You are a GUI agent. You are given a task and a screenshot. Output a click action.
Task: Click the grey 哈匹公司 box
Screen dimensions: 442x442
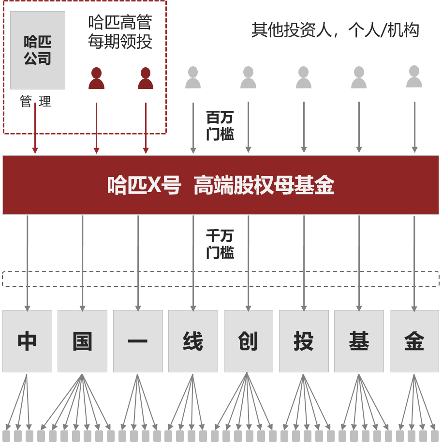(38, 50)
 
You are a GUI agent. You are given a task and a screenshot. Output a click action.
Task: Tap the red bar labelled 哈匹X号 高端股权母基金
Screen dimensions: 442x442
(221, 185)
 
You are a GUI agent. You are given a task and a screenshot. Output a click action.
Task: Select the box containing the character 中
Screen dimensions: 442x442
(27, 341)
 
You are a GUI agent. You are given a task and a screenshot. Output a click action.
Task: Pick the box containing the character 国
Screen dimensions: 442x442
(82, 341)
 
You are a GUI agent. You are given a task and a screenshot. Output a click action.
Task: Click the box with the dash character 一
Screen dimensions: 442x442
(138, 341)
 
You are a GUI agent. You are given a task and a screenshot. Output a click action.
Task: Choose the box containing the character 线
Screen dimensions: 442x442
(193, 341)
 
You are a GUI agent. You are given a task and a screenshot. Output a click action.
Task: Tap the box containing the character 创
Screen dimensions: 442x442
(248, 341)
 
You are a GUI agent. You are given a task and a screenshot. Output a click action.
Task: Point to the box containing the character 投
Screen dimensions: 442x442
(304, 341)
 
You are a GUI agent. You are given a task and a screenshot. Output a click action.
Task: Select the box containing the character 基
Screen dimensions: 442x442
(359, 341)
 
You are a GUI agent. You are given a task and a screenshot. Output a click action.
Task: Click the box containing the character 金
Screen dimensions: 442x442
(414, 341)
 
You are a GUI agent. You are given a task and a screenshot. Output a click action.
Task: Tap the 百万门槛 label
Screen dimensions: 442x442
(220, 126)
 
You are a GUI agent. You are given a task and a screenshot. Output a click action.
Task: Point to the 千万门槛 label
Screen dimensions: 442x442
(220, 244)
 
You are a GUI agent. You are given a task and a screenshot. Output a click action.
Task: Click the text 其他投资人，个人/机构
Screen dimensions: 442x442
(335, 30)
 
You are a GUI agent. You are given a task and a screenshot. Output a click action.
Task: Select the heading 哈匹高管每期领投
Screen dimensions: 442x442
(120, 32)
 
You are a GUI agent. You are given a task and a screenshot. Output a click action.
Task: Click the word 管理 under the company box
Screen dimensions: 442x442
(35, 102)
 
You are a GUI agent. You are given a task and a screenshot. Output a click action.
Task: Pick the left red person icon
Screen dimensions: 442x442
(96, 78)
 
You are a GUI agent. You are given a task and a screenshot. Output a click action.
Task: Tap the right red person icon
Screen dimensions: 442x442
(146, 78)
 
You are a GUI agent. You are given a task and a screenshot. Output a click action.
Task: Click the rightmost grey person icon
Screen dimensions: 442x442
(414, 77)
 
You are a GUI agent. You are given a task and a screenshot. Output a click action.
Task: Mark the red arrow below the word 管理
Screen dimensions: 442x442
(35, 131)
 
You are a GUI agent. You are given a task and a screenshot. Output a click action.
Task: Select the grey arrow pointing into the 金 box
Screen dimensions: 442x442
(414, 261)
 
